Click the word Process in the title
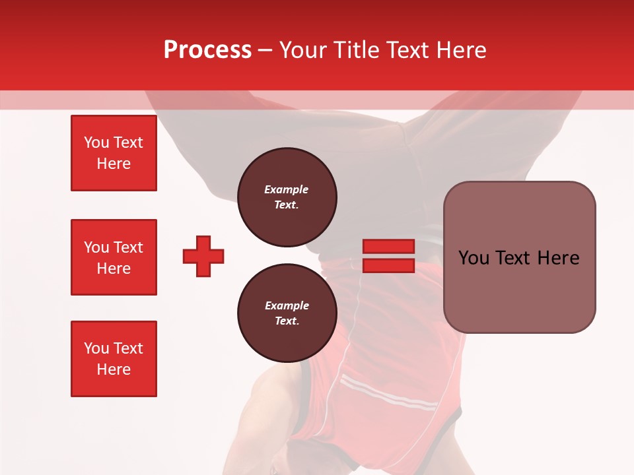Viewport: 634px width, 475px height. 207,50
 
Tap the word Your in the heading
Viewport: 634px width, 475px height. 304,50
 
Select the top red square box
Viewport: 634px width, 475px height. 114,153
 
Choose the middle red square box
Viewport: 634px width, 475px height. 114,257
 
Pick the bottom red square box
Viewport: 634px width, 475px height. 114,359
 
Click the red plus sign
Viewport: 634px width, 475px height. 203,256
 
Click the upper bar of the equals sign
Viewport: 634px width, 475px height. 388,246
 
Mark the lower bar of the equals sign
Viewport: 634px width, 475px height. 388,265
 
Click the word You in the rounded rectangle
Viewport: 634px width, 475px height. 474,258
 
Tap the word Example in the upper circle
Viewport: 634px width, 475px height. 287,189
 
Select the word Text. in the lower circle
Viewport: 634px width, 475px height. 287,321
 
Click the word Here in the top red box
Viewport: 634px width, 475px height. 114,164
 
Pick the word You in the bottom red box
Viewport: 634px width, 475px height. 96,348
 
